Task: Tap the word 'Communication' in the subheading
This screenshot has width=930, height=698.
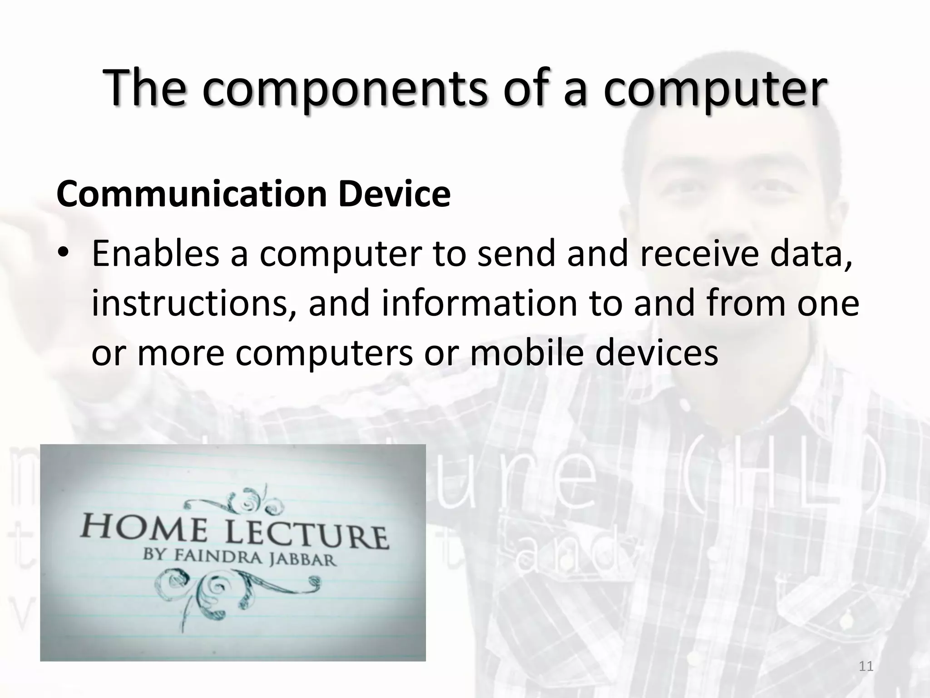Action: pos(191,194)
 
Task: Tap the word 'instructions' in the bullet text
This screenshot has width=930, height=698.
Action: pos(191,304)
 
